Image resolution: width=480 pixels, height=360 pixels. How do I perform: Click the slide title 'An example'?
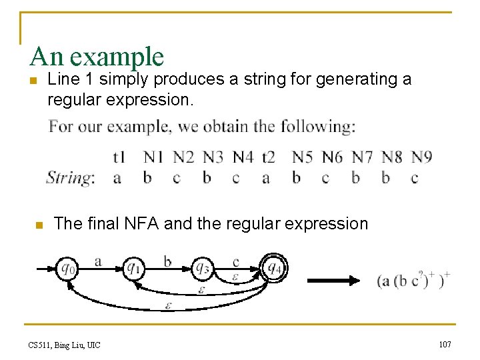click(x=97, y=57)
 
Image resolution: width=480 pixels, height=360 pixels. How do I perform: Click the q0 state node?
click(x=67, y=268)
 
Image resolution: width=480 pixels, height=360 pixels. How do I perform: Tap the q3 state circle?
click(x=202, y=268)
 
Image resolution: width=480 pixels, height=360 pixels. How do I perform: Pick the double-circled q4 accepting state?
click(x=273, y=268)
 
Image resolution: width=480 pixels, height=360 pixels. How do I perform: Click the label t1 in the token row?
click(x=119, y=157)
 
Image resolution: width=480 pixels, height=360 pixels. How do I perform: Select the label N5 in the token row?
click(x=303, y=157)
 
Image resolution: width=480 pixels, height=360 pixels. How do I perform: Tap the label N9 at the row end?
click(x=421, y=157)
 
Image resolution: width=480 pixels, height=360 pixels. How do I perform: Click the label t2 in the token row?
click(x=268, y=157)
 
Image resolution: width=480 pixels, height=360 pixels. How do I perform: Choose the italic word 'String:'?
click(x=70, y=178)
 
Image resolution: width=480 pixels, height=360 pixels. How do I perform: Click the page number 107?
click(x=445, y=344)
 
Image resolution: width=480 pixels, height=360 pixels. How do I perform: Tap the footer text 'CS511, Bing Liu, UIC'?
click(x=64, y=345)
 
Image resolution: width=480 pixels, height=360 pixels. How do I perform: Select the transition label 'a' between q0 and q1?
click(x=99, y=261)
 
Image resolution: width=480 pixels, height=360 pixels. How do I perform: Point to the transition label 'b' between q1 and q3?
click(x=167, y=261)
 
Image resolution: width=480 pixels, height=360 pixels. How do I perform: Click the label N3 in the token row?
click(x=213, y=157)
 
